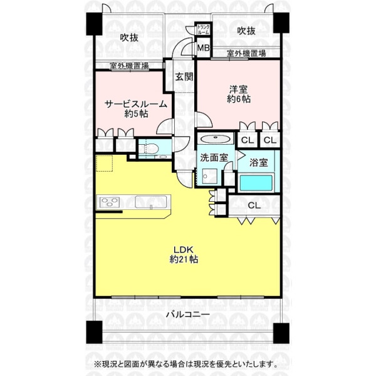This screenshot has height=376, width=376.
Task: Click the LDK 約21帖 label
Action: (x=184, y=254)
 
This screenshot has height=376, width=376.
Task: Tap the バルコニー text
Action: (x=188, y=314)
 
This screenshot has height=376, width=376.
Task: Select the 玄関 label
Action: (x=184, y=76)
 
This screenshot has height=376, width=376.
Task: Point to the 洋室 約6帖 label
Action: (x=239, y=94)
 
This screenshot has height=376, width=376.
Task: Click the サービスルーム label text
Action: (x=136, y=104)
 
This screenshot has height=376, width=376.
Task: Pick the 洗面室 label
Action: (x=214, y=158)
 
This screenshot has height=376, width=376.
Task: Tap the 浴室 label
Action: (x=258, y=162)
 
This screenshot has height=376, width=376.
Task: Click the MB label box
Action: (x=203, y=48)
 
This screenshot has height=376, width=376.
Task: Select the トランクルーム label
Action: (x=203, y=29)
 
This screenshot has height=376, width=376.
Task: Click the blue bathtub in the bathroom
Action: (x=256, y=183)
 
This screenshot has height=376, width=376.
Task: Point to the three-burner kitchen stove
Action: (x=109, y=202)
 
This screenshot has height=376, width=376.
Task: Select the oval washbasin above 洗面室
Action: (x=215, y=138)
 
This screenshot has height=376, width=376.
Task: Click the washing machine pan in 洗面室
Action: (x=209, y=176)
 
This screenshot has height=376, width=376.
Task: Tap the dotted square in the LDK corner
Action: (x=104, y=163)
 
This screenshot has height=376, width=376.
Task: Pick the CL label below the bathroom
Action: (x=254, y=206)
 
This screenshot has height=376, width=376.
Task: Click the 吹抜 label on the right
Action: (x=246, y=31)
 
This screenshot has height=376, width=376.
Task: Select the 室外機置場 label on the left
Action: (x=129, y=65)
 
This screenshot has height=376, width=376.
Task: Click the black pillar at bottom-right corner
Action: (x=281, y=333)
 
